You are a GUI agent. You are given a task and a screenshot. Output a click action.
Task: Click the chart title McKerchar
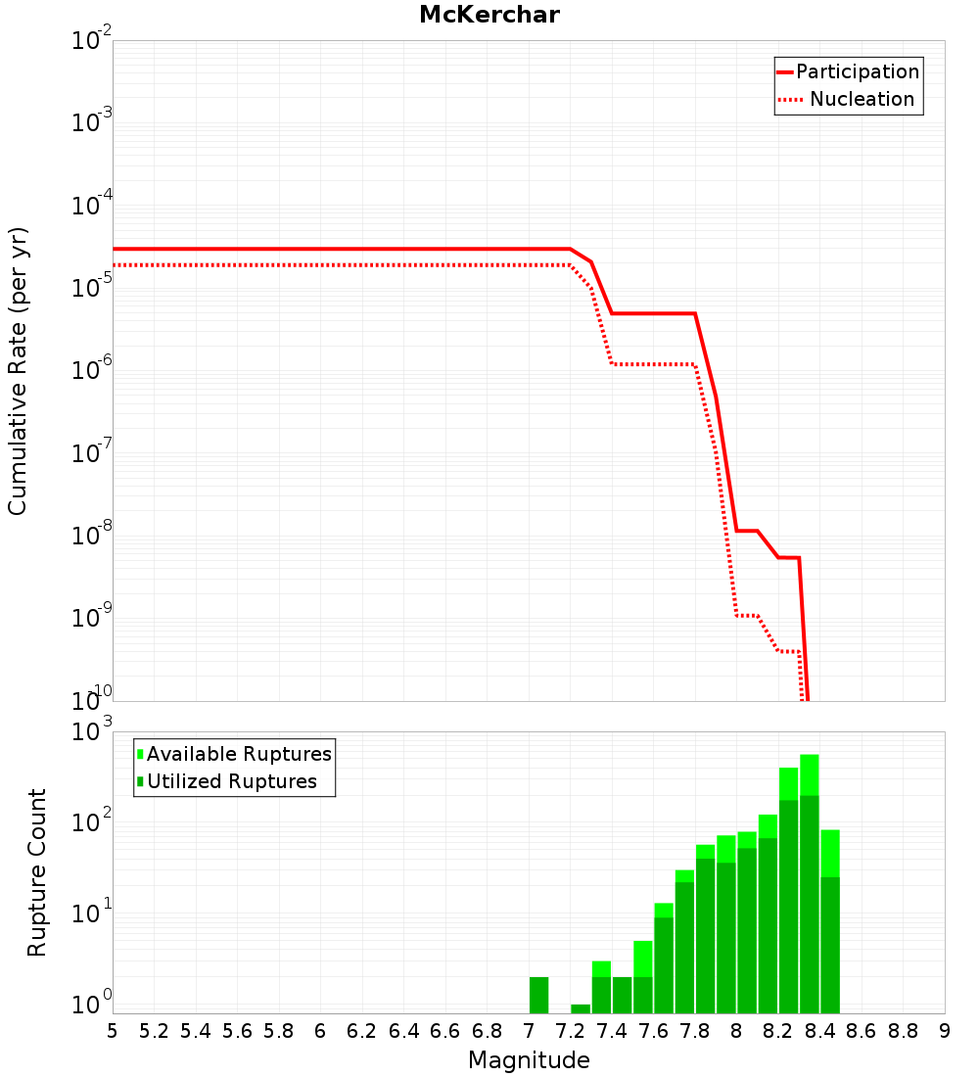point(489,15)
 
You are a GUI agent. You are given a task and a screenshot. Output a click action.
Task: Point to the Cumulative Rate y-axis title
point(18,370)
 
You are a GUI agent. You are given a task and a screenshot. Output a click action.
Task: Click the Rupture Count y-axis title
point(37,871)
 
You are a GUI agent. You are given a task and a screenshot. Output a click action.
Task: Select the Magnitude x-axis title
point(529,1060)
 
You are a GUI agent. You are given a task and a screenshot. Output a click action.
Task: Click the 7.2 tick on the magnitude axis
point(570,1031)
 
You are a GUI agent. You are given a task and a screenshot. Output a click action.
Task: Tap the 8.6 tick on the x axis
point(862,1031)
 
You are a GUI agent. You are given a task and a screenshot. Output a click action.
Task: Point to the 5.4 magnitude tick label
point(196,1031)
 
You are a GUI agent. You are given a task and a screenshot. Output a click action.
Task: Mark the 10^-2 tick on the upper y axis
point(92,41)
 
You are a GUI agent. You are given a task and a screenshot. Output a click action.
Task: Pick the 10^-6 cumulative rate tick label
point(92,371)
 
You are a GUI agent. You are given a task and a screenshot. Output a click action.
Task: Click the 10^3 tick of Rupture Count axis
point(92,732)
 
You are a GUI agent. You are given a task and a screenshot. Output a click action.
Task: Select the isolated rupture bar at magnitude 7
point(538,995)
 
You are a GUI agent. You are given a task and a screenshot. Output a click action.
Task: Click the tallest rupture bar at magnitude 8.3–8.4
point(810,881)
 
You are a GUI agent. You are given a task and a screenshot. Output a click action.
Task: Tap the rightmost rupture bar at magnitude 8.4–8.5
point(830,920)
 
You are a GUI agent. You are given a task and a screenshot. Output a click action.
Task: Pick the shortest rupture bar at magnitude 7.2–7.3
point(581,1008)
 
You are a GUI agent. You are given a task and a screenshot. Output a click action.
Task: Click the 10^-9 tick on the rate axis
point(92,618)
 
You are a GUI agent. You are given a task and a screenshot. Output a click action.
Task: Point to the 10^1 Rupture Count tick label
point(92,913)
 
